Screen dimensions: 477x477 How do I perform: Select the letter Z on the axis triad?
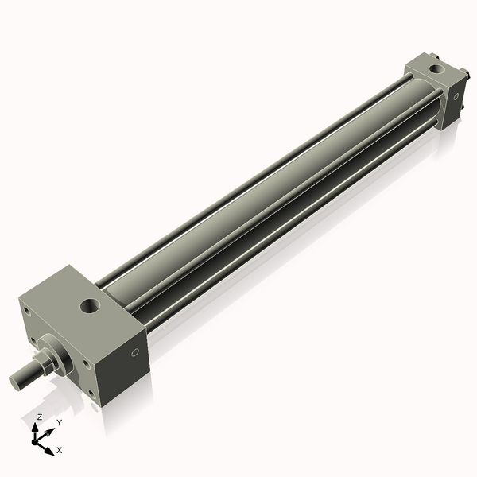click(40, 417)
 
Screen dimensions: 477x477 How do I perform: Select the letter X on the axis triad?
click(59, 450)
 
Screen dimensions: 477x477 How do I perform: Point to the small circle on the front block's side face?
click(134, 353)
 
